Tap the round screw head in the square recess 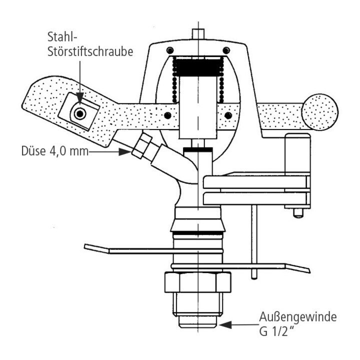(78, 114)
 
